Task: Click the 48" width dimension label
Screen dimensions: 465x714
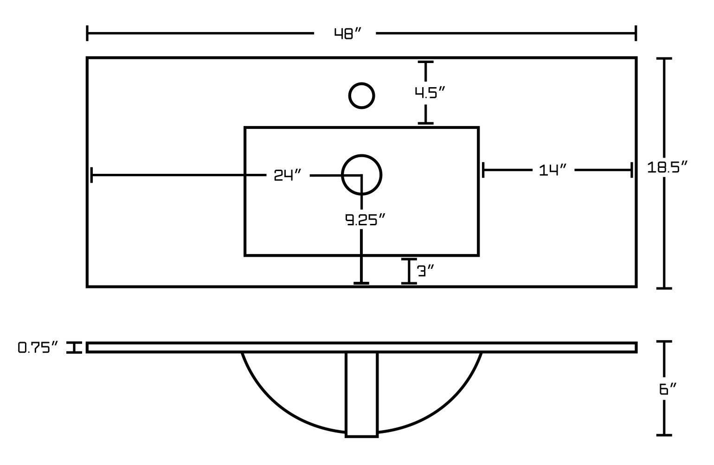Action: click(x=347, y=34)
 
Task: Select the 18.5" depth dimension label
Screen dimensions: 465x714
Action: click(x=667, y=167)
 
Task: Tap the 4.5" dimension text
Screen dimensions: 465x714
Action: click(x=430, y=93)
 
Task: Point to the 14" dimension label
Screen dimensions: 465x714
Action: click(x=553, y=170)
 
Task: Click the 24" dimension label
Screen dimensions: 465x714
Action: click(x=288, y=175)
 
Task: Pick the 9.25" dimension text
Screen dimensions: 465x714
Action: click(x=365, y=220)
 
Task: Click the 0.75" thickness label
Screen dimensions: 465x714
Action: click(x=38, y=348)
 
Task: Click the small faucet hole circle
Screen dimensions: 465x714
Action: click(x=361, y=96)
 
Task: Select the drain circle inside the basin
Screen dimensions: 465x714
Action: click(x=361, y=174)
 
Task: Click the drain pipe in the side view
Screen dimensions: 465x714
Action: click(x=361, y=394)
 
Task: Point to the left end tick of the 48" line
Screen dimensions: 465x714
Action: click(x=87, y=33)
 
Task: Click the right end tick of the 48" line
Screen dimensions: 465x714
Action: click(x=636, y=33)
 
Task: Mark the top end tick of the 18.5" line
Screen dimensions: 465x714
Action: click(x=665, y=59)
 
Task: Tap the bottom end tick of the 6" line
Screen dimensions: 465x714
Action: click(x=664, y=435)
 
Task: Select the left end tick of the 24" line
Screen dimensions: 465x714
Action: click(x=92, y=175)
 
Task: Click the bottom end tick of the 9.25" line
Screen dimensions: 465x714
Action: click(x=361, y=282)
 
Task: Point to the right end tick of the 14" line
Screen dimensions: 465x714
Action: click(x=631, y=170)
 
